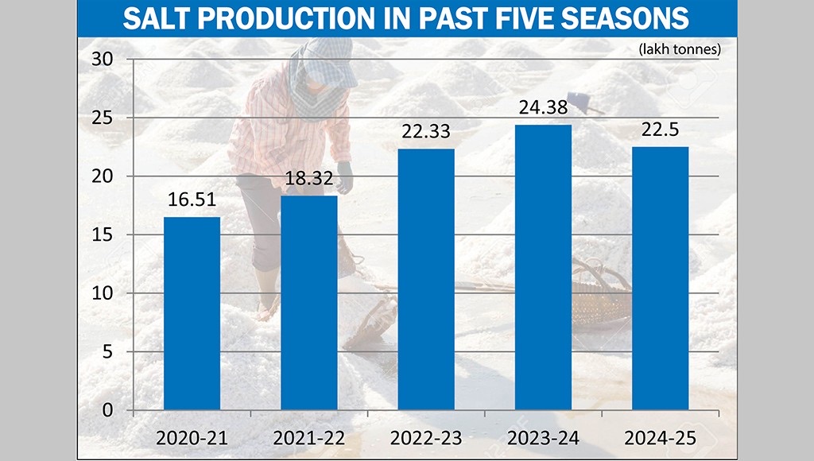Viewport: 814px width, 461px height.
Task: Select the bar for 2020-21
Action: click(192, 313)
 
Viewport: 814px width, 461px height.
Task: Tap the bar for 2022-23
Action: click(426, 279)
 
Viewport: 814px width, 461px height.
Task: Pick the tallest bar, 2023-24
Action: click(543, 267)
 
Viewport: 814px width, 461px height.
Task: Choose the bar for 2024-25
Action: click(661, 278)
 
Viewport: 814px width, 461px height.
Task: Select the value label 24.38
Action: click(543, 108)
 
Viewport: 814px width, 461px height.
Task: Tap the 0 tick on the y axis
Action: click(110, 410)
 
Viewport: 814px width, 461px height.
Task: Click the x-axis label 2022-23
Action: click(426, 436)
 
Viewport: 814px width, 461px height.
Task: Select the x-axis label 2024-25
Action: click(661, 436)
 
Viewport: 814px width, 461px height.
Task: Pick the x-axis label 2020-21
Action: click(192, 436)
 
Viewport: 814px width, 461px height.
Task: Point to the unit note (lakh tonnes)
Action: click(680, 49)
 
